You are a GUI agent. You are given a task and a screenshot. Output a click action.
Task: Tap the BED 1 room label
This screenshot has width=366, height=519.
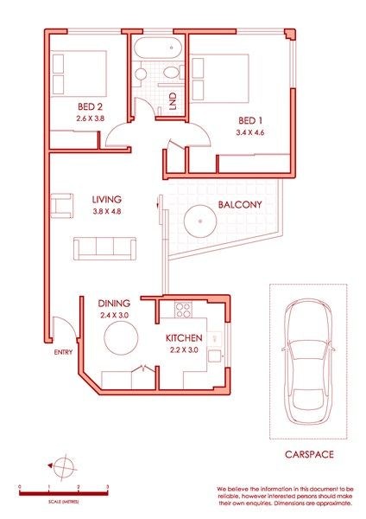(251, 120)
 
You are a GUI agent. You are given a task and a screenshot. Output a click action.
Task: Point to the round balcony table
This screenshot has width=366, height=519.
(200, 221)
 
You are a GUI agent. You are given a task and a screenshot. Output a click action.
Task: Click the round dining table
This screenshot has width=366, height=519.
(122, 340)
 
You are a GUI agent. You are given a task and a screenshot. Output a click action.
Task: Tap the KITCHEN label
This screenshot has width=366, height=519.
(184, 336)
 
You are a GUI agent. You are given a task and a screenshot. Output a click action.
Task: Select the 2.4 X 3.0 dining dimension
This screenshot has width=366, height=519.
(113, 317)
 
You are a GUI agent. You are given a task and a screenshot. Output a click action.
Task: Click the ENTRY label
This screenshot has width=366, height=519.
(64, 352)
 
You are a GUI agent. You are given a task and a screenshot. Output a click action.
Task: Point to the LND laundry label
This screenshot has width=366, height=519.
(173, 100)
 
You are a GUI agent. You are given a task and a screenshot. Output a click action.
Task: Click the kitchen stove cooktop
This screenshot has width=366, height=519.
(182, 308)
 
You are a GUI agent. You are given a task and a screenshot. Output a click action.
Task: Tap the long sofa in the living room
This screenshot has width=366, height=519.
(104, 248)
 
